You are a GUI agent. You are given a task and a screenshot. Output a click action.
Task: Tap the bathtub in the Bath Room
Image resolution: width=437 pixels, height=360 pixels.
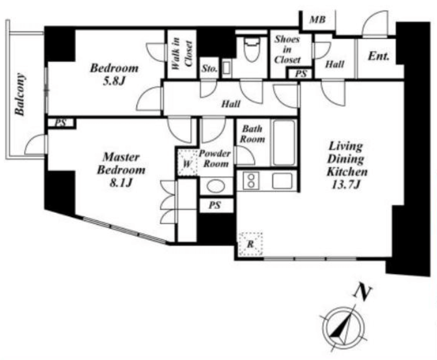pos(284,143)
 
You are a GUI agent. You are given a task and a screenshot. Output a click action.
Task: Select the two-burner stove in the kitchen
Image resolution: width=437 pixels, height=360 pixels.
pos(251,181)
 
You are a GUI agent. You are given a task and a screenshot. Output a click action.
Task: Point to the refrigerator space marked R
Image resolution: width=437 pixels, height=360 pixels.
pos(250,244)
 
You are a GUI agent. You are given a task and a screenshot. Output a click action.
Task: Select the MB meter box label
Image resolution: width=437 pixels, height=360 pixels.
pos(317,20)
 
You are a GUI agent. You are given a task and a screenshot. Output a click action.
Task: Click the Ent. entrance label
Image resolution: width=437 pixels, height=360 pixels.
pos(379,56)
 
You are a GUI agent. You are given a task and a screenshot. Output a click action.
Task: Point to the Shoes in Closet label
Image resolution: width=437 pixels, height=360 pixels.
pos(288,49)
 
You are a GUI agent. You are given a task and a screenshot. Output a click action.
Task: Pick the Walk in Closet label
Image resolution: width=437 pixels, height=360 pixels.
pos(182,54)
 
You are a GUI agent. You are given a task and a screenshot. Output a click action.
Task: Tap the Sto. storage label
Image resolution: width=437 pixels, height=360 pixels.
pos(209,68)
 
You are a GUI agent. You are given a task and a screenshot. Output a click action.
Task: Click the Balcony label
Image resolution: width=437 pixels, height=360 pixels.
pos(20,94)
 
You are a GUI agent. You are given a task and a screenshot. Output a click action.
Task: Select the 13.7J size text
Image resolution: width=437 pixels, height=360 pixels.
pos(346,184)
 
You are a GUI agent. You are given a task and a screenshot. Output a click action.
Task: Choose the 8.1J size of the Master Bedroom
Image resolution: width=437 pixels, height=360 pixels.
pos(121,183)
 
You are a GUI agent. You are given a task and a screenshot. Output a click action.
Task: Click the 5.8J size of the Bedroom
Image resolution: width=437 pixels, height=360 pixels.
pos(114,81)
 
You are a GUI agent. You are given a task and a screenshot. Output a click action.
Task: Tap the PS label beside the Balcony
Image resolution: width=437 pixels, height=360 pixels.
pos(60,123)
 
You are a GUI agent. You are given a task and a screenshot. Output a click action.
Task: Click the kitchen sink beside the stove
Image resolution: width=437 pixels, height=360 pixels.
pos(282,181)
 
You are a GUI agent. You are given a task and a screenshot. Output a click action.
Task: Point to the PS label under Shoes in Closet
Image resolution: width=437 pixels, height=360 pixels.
pos(301,74)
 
